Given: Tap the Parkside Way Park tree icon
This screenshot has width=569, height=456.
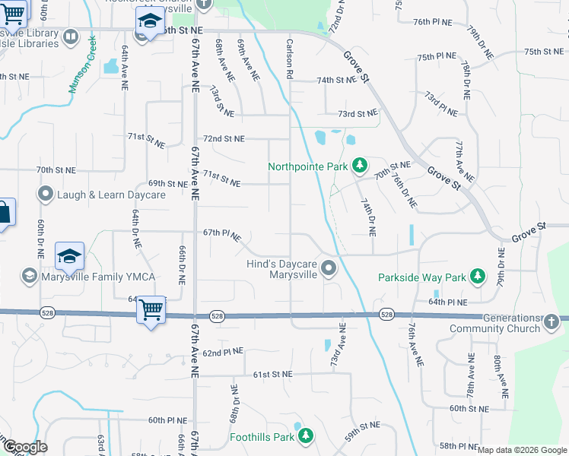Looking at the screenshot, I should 477,277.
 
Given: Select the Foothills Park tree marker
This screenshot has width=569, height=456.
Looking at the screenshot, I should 305,436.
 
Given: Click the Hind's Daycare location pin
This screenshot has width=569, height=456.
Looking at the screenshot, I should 329,268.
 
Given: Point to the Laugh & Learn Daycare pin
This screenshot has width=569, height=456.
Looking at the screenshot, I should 46,195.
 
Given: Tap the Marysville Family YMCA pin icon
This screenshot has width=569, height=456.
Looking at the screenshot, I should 30,274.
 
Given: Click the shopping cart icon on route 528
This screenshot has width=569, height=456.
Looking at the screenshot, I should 151,309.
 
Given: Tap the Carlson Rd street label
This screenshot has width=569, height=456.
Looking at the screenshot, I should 289,60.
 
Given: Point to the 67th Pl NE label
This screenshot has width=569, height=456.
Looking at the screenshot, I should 221,234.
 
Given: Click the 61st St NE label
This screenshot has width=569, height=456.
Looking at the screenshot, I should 272,375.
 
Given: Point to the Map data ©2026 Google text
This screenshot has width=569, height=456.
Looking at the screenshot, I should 522,450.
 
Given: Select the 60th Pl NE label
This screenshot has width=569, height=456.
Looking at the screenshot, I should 167,420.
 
